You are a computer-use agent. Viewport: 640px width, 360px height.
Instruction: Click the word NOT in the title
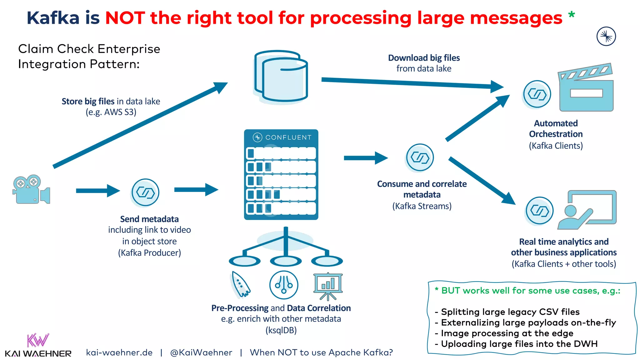pos(125,18)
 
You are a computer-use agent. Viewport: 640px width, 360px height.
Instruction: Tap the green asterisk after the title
pos(571,15)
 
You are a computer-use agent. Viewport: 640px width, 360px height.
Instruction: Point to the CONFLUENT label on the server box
pos(288,137)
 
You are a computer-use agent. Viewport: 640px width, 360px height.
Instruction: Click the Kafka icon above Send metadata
pos(145,192)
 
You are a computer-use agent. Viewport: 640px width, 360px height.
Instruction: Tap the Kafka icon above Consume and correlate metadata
pos(420,157)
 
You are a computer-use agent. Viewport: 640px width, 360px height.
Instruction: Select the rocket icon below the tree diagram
pos(240,284)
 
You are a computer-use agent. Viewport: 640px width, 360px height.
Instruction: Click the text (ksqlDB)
pos(281,330)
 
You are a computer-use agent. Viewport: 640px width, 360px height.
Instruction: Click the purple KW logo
pos(37,340)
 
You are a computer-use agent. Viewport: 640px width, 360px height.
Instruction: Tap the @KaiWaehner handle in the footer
pos(201,352)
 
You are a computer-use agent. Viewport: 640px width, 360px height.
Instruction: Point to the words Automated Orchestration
pos(556,129)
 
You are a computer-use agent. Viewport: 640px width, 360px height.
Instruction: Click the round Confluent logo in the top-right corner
pos(606,36)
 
